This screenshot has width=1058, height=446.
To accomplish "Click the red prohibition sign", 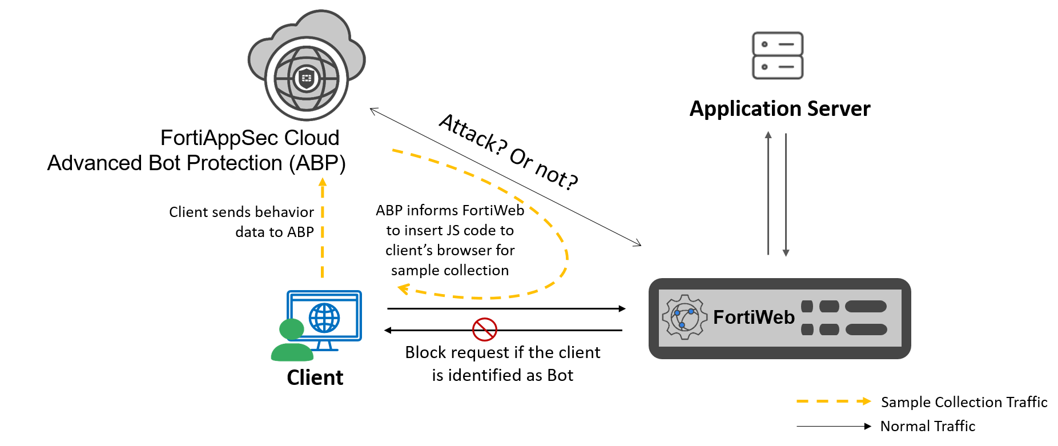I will point(485,330).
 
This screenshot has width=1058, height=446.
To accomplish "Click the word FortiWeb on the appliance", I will point(754,318).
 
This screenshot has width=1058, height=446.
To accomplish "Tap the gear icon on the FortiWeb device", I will point(685,318).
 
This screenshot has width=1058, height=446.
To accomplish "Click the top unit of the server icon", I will point(778,44).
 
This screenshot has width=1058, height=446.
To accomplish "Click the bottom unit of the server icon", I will point(778,67).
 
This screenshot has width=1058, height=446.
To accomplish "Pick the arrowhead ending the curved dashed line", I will point(403,289).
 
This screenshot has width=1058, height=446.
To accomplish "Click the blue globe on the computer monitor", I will point(324,318).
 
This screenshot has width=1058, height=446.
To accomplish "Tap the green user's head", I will point(291,330).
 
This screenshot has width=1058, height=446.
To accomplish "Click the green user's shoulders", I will point(292,353).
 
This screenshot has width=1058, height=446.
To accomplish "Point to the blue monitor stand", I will point(325,346).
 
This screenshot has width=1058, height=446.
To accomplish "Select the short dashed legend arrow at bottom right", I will point(834,401).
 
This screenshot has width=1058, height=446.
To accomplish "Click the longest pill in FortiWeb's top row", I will point(866,307).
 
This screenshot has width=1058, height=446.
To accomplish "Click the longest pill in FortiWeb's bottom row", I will point(866,330).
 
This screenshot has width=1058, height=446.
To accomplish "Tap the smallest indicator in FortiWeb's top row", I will point(807,307).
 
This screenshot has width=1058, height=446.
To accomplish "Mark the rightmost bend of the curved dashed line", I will point(566,254).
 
